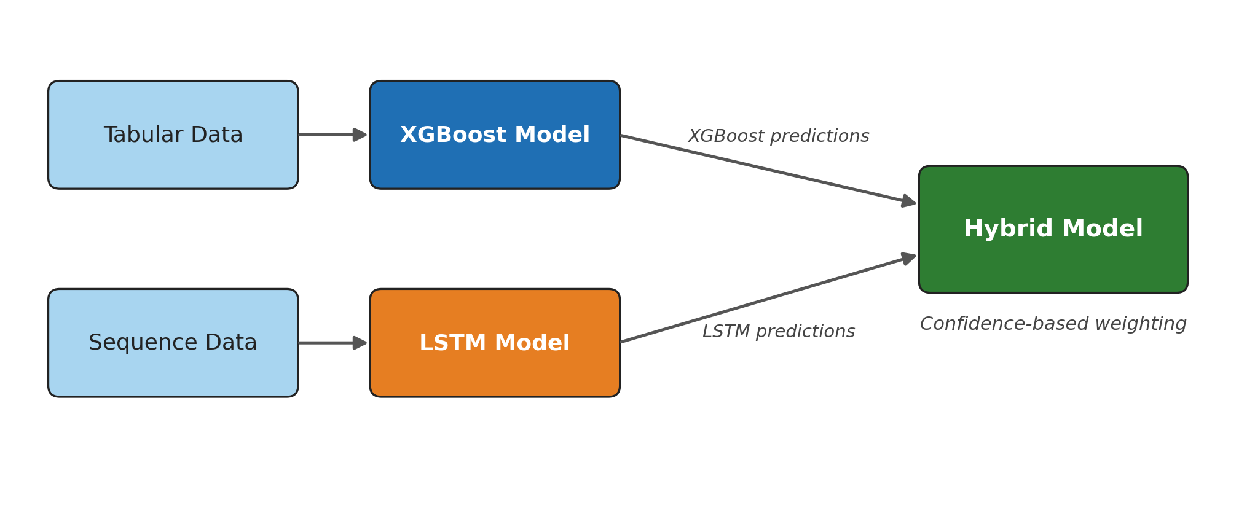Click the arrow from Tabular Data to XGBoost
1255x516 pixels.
[332, 135]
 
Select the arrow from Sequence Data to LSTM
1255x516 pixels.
[332, 343]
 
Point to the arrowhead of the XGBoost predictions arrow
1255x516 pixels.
[908, 201]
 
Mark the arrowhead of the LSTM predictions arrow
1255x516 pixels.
[908, 257]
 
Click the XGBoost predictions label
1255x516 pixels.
[778, 136]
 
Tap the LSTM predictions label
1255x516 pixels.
[778, 332]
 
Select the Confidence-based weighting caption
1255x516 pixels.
[1053, 324]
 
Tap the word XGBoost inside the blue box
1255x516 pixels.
[454, 135]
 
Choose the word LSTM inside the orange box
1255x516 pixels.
[452, 343]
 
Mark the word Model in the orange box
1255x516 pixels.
[532, 343]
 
